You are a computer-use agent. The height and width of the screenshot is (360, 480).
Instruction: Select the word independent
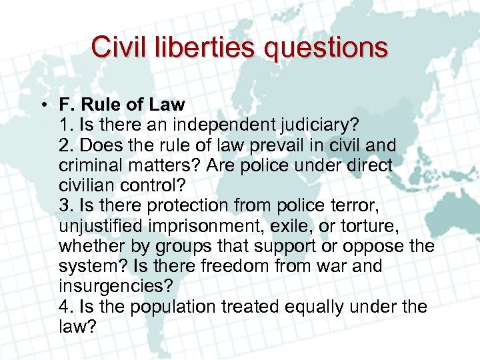(x=215, y=124)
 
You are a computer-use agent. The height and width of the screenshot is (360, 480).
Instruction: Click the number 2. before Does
(x=66, y=145)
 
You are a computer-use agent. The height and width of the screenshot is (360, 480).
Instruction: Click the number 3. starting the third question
(x=66, y=205)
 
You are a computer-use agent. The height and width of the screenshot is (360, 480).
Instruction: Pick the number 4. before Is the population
(x=66, y=306)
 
